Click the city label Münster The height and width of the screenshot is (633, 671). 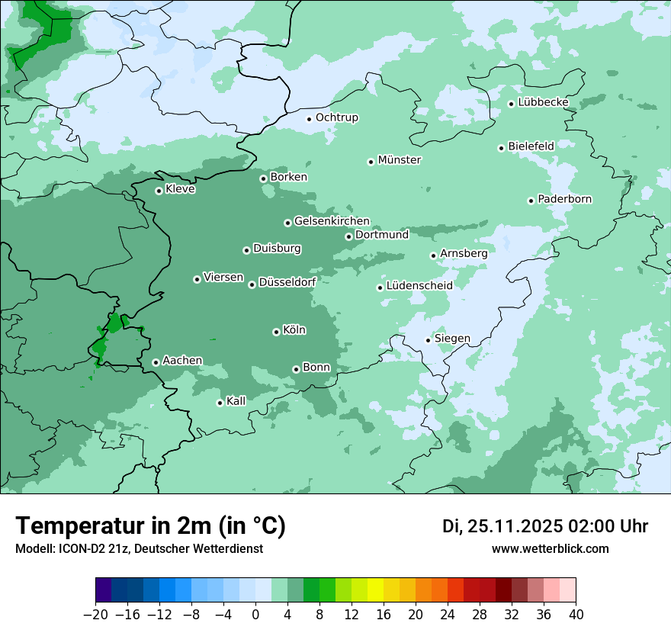(x=399, y=160)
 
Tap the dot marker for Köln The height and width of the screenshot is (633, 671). (x=276, y=332)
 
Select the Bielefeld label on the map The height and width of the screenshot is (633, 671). (x=531, y=146)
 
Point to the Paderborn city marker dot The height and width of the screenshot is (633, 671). (x=531, y=201)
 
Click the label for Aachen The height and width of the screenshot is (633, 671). (x=182, y=361)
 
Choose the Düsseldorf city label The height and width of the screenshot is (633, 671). (x=287, y=282)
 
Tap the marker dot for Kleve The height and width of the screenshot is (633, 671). (x=159, y=191)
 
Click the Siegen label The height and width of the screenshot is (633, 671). (x=452, y=339)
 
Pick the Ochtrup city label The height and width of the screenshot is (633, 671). (x=336, y=117)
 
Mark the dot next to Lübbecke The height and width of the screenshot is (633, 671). (x=511, y=104)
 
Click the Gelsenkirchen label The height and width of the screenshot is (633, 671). (x=332, y=221)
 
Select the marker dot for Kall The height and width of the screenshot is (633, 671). (x=220, y=403)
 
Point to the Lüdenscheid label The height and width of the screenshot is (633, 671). (x=419, y=286)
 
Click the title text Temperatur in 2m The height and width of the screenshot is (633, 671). (x=150, y=526)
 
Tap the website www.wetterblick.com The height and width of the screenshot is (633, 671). (x=550, y=549)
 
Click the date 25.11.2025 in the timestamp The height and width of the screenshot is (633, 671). (x=512, y=526)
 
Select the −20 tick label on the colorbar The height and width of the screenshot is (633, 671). (x=95, y=615)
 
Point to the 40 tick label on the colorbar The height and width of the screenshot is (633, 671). (x=576, y=615)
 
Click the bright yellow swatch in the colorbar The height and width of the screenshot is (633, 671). (x=375, y=590)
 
